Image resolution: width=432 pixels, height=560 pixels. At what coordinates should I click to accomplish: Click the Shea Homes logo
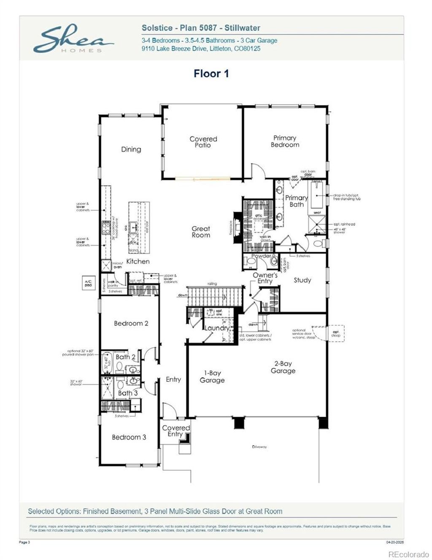pyautogui.click(x=73, y=39)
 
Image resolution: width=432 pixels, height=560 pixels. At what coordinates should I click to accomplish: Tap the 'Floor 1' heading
pyautogui.click(x=211, y=73)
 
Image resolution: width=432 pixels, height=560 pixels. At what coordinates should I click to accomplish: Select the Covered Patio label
pyautogui.click(x=203, y=142)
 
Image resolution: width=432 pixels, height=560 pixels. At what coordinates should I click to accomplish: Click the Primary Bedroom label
pyautogui.click(x=285, y=141)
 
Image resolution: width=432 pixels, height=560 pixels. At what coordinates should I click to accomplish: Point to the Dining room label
pyautogui.click(x=131, y=149)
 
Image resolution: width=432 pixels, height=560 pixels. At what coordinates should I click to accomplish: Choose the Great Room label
pyautogui.click(x=201, y=232)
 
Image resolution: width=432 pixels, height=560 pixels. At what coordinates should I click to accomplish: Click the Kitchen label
pyautogui.click(x=138, y=261)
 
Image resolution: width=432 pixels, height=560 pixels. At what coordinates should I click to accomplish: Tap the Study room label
pyautogui.click(x=302, y=280)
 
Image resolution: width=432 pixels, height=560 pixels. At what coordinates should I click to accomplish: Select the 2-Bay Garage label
pyautogui.click(x=283, y=367)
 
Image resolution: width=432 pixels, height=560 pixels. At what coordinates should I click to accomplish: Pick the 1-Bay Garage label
pyautogui.click(x=212, y=376)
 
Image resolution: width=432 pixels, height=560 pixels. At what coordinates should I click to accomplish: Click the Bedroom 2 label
pyautogui.click(x=131, y=323)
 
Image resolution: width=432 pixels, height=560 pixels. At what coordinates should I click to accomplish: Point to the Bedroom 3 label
pyautogui.click(x=129, y=437)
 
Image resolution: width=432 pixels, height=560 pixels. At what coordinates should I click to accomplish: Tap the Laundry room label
pyautogui.click(x=217, y=328)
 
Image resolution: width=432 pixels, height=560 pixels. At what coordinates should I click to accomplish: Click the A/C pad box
pyautogui.click(x=88, y=283)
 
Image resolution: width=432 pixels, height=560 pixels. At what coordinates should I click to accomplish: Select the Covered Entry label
pyautogui.click(x=176, y=431)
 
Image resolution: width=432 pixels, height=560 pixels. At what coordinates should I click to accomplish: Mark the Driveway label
pyautogui.click(x=259, y=446)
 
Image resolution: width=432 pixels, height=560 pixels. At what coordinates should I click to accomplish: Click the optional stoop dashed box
pyautogui.click(x=336, y=333)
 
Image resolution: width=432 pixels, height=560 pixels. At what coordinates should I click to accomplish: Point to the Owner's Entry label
pyautogui.click(x=265, y=278)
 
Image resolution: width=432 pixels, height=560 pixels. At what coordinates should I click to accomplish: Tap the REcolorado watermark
pyautogui.click(x=408, y=554)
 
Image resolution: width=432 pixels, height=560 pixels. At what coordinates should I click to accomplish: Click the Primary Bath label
pyautogui.click(x=296, y=201)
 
